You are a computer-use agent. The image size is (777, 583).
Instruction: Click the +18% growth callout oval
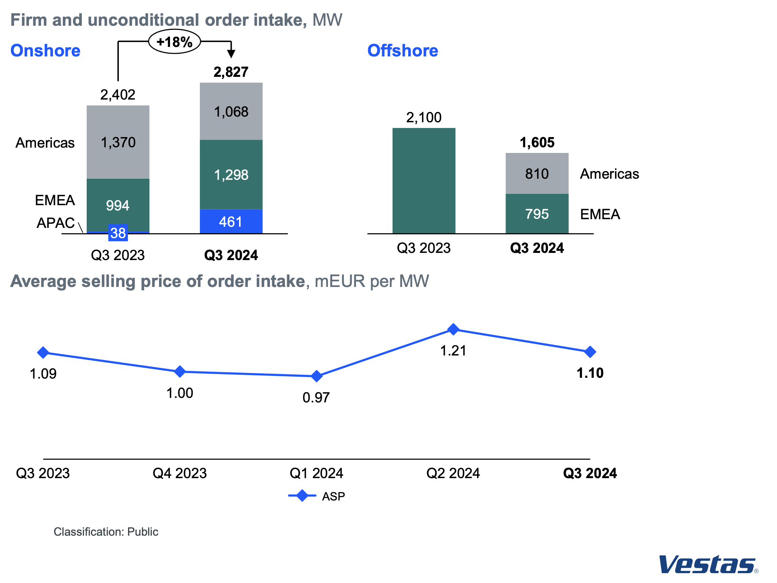pos(174,41)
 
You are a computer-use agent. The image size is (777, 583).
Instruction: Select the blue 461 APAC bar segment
pos(231,221)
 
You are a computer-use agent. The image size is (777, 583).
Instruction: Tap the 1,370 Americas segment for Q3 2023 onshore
pos(118,142)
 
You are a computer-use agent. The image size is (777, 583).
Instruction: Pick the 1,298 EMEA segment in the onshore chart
pos(231,175)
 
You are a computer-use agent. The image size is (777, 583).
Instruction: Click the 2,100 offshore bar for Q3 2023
pos(424,181)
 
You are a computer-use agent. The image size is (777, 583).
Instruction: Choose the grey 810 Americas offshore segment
pos(537,173)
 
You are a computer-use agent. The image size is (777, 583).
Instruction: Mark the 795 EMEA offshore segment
pos(537,214)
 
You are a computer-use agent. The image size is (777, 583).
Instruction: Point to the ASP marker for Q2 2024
pos(453,329)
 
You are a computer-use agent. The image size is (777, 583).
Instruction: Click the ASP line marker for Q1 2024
pos(317,376)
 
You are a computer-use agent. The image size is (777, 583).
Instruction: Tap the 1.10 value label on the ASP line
pos(590,373)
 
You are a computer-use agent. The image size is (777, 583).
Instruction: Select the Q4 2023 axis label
pos(179,473)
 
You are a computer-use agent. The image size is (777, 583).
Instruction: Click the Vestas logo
pos(708,565)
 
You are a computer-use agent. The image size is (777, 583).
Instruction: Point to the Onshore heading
pos(45,51)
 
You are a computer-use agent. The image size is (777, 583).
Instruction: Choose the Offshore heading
pos(403,51)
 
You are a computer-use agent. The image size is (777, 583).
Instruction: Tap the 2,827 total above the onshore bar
pos(231,72)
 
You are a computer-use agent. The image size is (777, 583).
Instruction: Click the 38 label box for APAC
pos(118,233)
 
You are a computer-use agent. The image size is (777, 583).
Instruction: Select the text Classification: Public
pos(106,532)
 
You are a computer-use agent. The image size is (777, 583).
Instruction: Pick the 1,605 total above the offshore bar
pos(537,143)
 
